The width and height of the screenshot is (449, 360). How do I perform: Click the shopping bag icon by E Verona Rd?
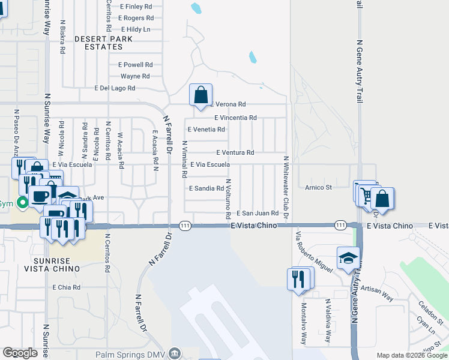200,95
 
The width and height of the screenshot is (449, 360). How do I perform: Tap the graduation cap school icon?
348,259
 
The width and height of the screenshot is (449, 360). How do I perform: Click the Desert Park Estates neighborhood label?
98,42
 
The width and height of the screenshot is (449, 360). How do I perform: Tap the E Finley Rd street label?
136,7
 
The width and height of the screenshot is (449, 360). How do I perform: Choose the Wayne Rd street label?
135,76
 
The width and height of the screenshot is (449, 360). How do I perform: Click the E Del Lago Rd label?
115,88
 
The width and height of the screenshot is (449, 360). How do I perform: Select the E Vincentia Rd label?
235,118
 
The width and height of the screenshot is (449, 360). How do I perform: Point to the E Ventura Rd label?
235,152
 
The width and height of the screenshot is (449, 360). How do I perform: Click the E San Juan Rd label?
258,213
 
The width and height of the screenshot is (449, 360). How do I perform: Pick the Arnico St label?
318,187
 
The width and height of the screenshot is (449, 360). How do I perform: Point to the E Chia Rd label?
66,287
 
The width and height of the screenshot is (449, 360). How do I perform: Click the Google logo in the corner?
20,353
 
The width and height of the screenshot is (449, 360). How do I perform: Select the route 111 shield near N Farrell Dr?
185,225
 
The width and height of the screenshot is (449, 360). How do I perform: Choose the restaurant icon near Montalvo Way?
300,279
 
